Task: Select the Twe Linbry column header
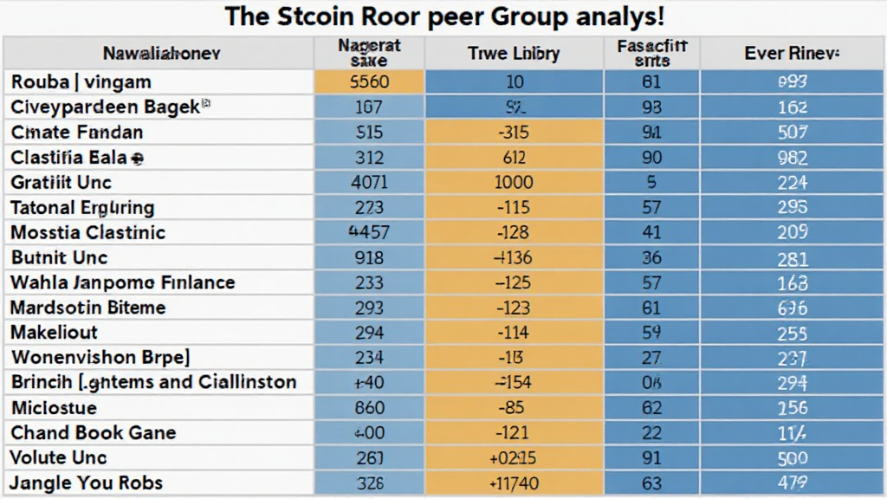(x=514, y=54)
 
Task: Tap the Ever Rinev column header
(x=792, y=54)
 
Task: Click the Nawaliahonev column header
(x=162, y=54)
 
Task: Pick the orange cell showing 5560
(x=368, y=82)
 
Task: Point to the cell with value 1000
(x=514, y=183)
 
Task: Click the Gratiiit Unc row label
(x=62, y=183)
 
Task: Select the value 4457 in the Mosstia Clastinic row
(x=368, y=233)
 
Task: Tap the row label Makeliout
(x=55, y=333)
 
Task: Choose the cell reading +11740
(x=514, y=483)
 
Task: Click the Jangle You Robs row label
(x=87, y=483)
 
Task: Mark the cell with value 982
(x=792, y=158)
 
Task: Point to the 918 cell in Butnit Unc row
(x=368, y=258)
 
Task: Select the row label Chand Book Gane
(x=94, y=433)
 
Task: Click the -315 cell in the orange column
(x=514, y=133)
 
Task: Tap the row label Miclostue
(x=54, y=408)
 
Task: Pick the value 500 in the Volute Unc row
(x=792, y=458)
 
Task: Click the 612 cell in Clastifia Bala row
(x=514, y=158)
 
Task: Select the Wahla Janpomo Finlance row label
(x=123, y=282)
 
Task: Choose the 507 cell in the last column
(x=792, y=133)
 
